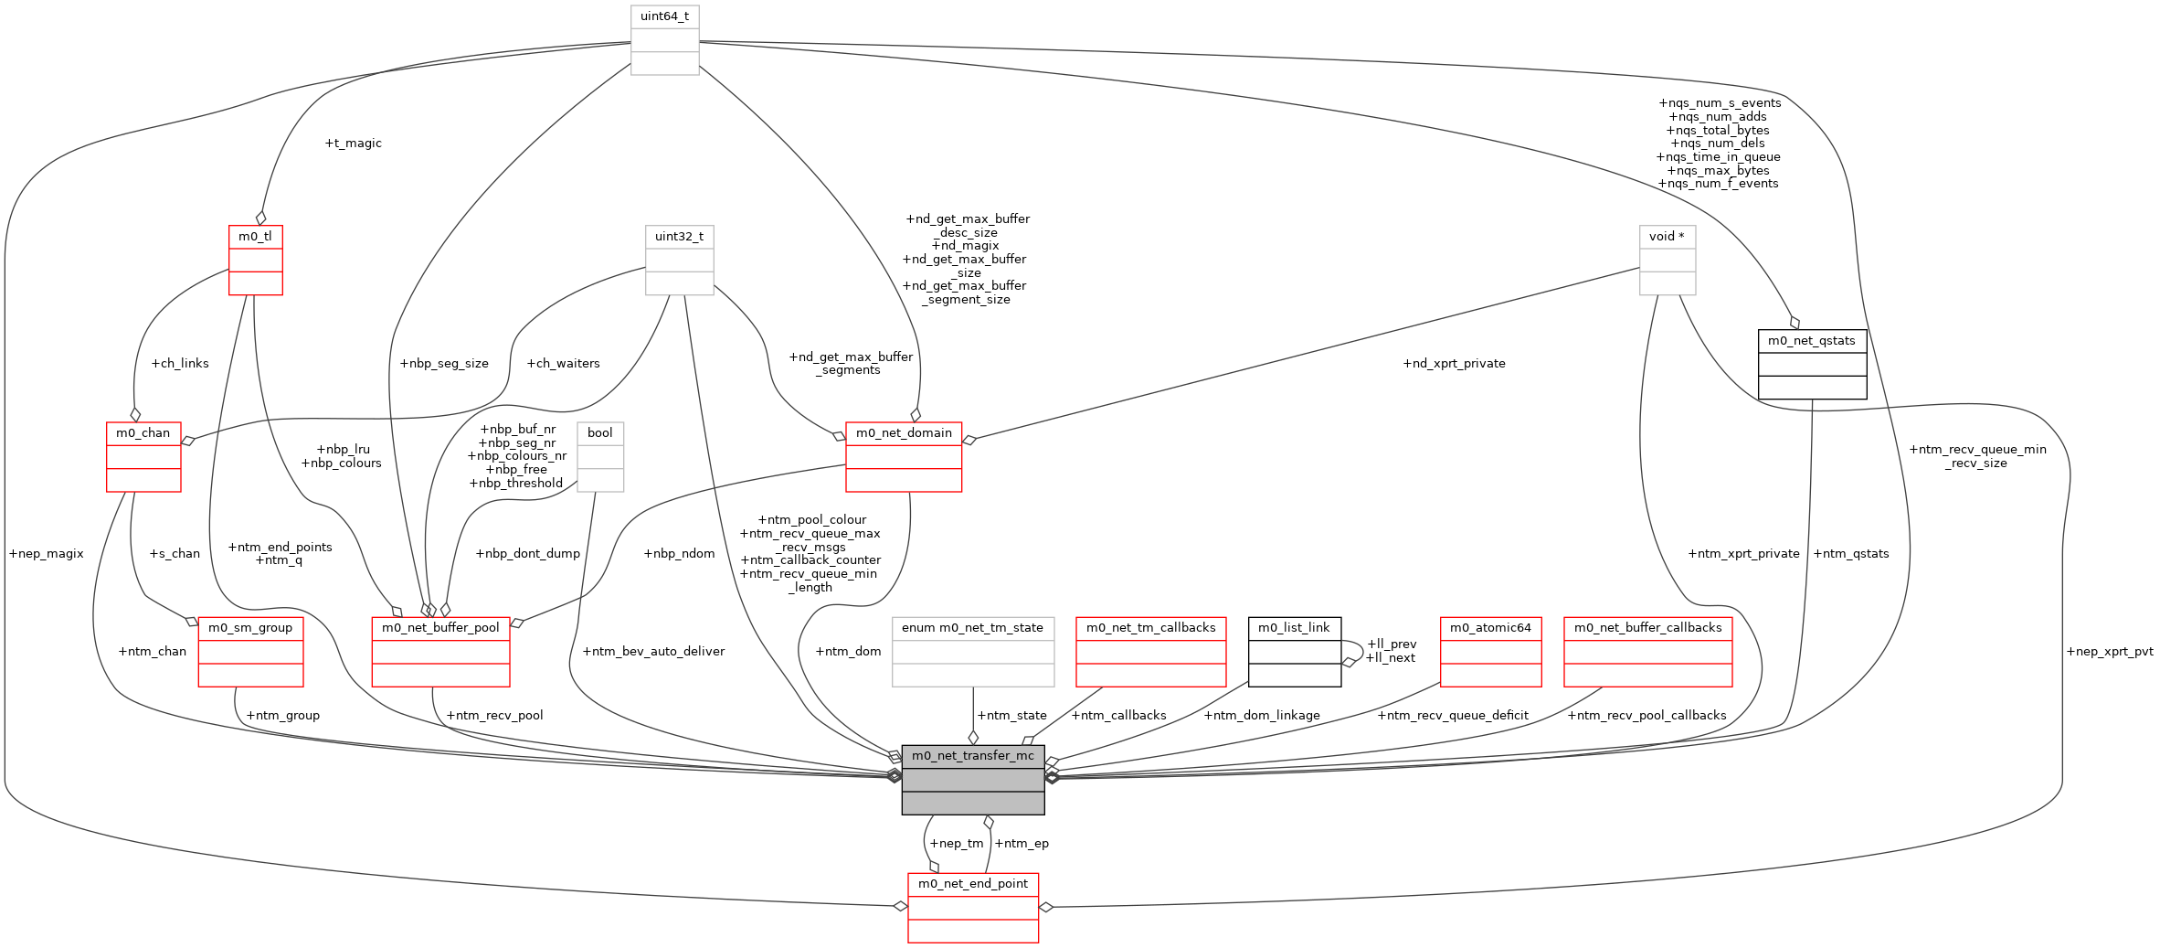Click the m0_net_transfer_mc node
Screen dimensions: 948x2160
click(x=972, y=779)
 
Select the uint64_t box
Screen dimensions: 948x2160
click(x=664, y=40)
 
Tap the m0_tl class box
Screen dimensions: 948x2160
click(x=255, y=260)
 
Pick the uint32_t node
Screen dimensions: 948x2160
click(x=679, y=260)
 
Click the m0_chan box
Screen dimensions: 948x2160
click(x=143, y=456)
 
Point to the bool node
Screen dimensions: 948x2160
click(x=600, y=456)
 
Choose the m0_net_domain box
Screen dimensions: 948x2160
click(x=904, y=456)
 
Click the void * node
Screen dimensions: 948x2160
click(x=1667, y=260)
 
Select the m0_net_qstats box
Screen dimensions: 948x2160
click(x=1812, y=364)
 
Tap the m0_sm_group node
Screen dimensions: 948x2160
click(x=250, y=651)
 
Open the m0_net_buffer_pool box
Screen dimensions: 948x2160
click(x=440, y=651)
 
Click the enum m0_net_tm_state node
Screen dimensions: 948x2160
click(x=972, y=651)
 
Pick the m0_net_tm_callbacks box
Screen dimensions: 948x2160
click(x=1150, y=651)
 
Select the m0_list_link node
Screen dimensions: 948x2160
click(x=1294, y=651)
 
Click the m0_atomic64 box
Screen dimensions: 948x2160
click(x=1490, y=651)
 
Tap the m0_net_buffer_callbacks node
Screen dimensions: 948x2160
click(x=1647, y=651)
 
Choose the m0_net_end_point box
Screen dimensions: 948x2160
click(x=972, y=907)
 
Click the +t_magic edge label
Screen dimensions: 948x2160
click(x=353, y=144)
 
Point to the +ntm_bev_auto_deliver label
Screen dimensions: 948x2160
click(x=653, y=652)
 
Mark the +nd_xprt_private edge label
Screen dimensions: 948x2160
click(x=1454, y=364)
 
